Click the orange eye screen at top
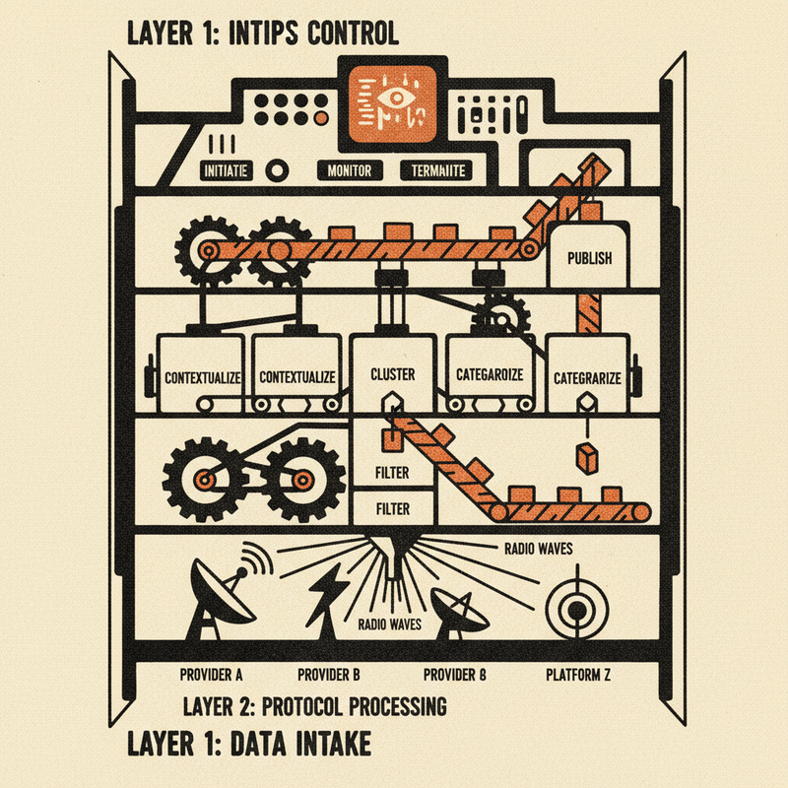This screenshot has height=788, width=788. point(392,107)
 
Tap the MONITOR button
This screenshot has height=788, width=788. point(348,170)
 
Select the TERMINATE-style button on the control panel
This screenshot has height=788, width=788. point(434,170)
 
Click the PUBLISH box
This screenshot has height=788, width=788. point(589,259)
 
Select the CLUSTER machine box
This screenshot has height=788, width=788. point(392,375)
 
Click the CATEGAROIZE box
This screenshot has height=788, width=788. point(490,375)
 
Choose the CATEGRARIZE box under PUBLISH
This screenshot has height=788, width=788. point(587,376)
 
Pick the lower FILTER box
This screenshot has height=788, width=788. point(392,509)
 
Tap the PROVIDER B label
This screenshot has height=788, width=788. point(328,676)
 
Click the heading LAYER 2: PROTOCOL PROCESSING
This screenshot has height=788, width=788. point(314,707)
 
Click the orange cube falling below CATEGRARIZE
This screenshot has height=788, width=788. point(588,458)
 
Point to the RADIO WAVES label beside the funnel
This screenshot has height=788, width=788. point(539,547)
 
